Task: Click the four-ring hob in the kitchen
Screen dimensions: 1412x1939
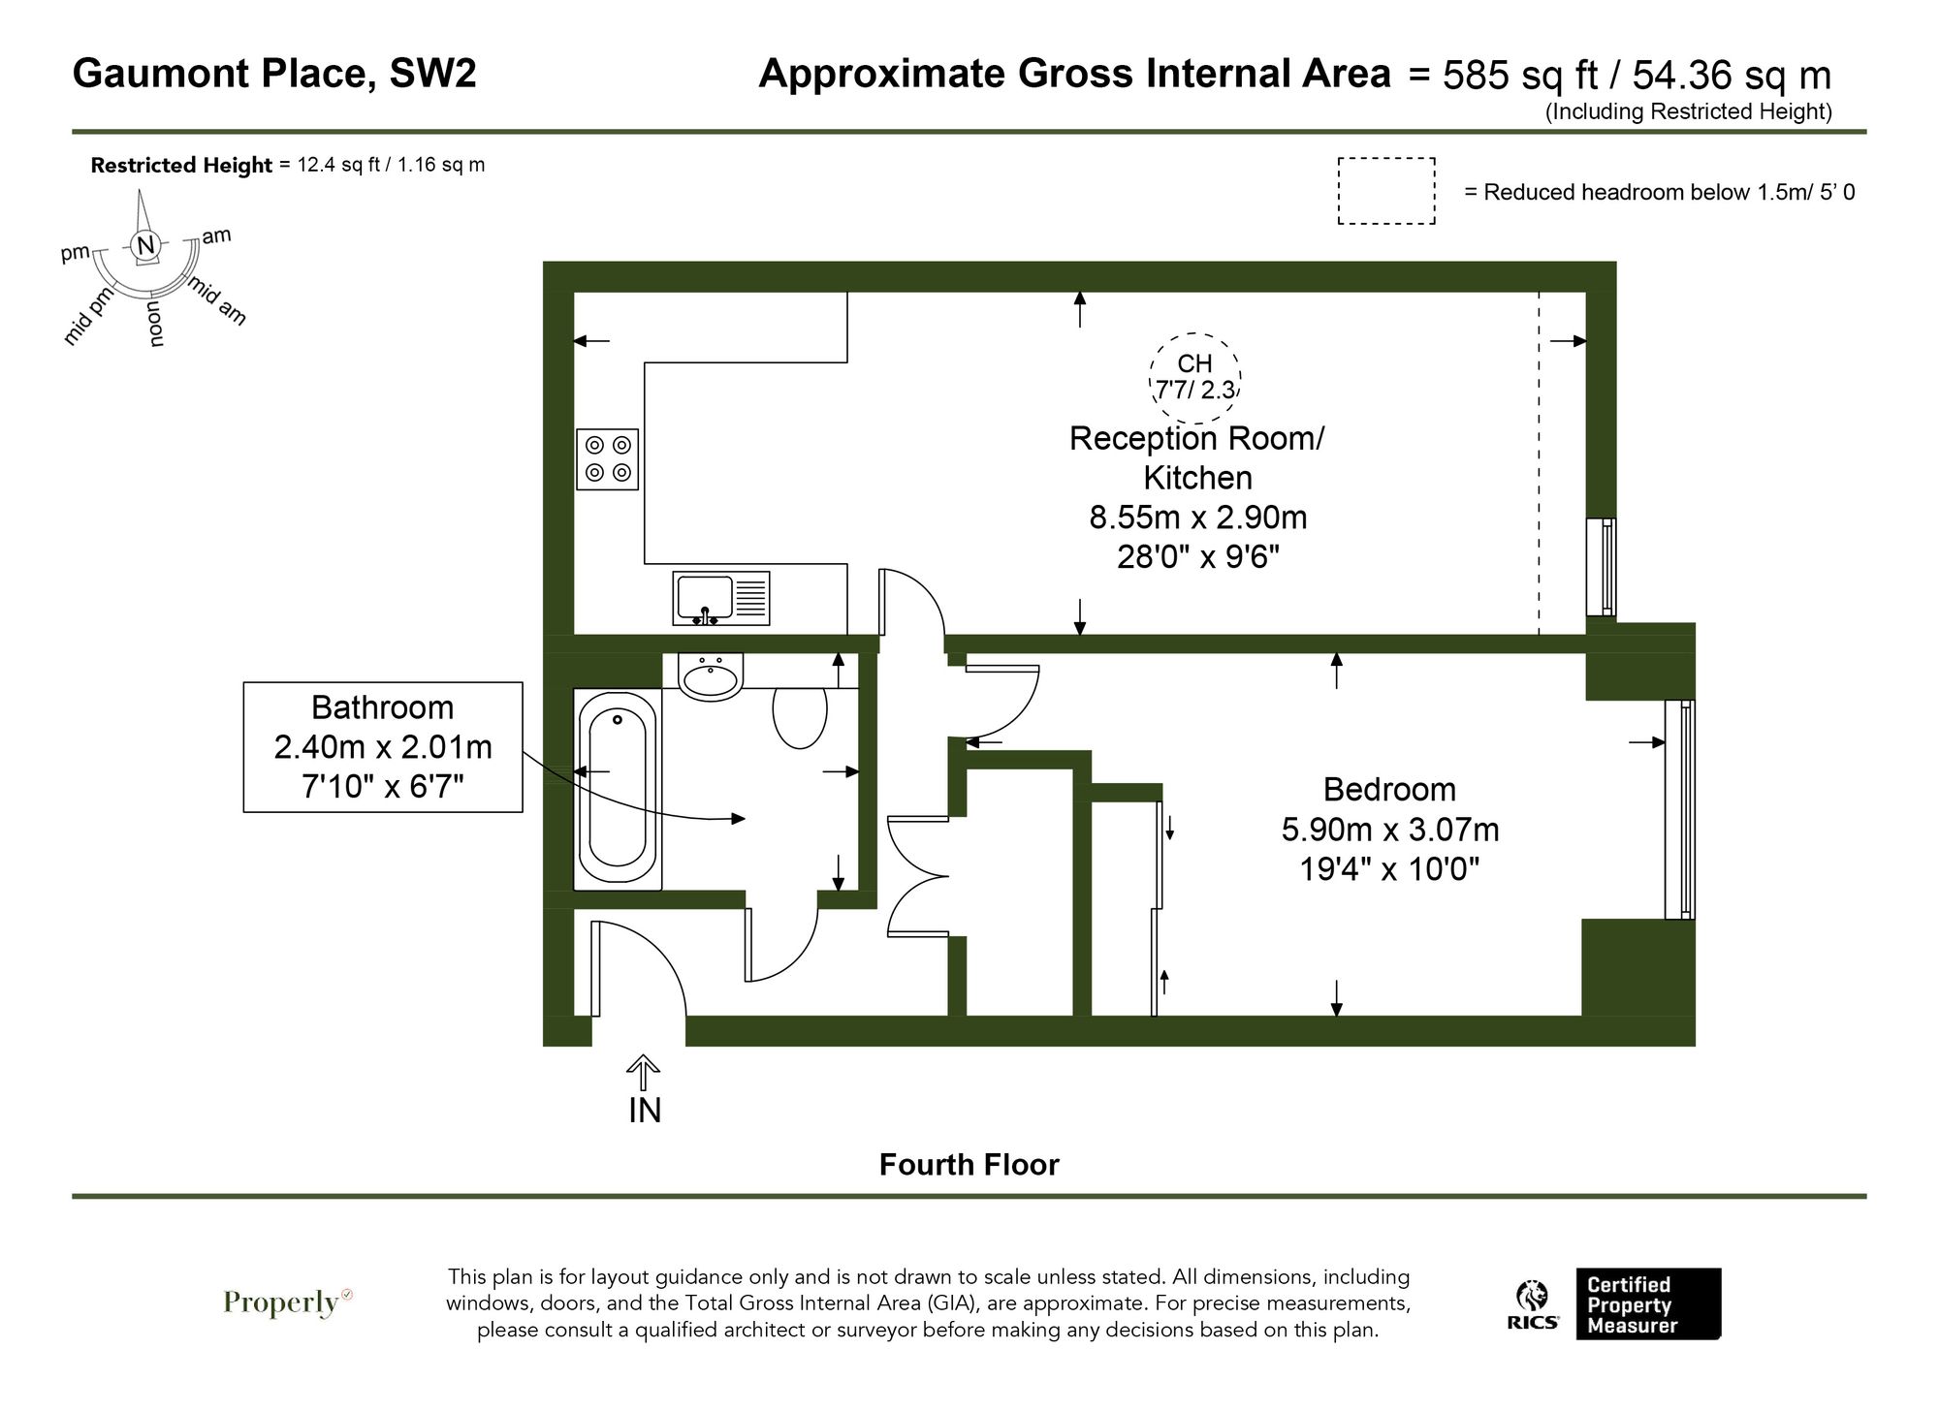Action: tap(607, 459)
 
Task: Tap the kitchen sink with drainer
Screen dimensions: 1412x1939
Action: tap(721, 598)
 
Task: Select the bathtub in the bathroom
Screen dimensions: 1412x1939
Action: tap(618, 789)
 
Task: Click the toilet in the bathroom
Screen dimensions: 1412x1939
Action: tap(800, 717)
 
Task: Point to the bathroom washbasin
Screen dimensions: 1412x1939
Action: tap(712, 675)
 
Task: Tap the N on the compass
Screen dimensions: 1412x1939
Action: tap(145, 245)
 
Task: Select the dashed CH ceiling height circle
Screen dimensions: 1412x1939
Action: tap(1194, 377)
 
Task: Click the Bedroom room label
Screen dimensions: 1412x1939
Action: tap(1388, 790)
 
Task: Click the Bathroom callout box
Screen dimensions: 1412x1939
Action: tap(383, 746)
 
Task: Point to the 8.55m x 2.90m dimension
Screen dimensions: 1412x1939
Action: tap(1197, 518)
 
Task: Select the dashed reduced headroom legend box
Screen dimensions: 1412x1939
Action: tap(1386, 191)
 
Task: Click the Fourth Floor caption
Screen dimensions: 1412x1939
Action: tap(969, 1164)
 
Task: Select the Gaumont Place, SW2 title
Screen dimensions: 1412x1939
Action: tap(274, 74)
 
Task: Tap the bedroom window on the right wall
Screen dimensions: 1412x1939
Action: tap(1680, 809)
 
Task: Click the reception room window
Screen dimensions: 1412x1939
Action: tap(1601, 567)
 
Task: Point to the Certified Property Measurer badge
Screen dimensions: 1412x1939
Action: tap(1647, 1304)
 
